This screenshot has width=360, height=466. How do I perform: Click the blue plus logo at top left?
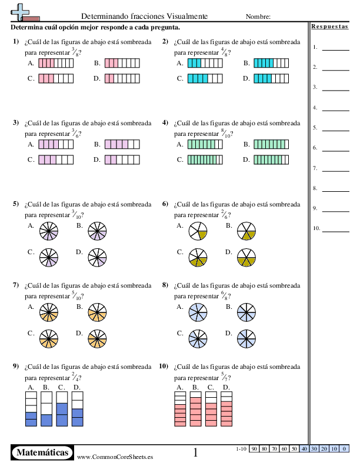point(20,12)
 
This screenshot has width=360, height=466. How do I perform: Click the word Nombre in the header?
point(258,16)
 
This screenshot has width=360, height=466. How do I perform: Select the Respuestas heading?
point(329,26)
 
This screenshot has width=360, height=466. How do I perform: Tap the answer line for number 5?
point(336,131)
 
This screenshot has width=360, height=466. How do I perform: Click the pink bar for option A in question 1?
point(56,63)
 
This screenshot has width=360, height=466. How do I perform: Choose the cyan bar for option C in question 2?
point(205,78)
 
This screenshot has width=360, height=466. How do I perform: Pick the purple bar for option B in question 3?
point(122,144)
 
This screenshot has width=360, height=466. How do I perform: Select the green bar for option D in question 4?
point(271,159)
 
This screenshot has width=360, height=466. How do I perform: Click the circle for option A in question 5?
point(49,231)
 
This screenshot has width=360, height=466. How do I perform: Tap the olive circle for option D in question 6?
point(246,257)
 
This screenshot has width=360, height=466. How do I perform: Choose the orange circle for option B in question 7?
point(97,312)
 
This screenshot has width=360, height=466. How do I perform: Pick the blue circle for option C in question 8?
point(198,338)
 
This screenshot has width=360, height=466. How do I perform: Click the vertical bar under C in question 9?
point(62,409)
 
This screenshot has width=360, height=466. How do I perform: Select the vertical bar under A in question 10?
point(180,409)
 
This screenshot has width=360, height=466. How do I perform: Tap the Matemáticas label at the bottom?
point(42,452)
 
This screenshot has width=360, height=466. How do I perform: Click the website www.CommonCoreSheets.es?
point(115,457)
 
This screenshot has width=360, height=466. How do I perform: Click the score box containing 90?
point(254,449)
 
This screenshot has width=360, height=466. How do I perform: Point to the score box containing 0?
point(344,449)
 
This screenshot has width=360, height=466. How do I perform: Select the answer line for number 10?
point(336,231)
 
